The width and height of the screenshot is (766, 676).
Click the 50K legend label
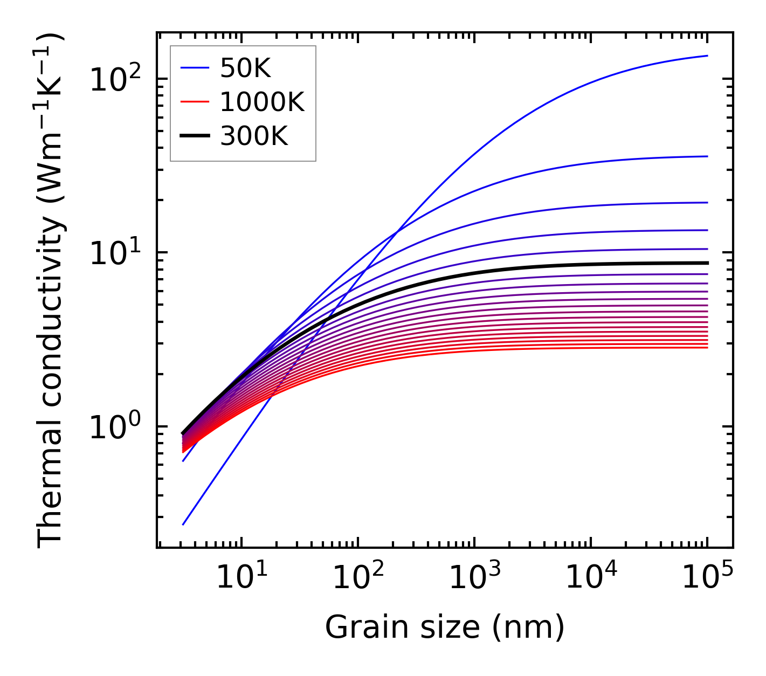[x=245, y=68]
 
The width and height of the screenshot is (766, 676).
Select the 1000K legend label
[x=262, y=102]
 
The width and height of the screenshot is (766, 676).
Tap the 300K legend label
[x=254, y=137]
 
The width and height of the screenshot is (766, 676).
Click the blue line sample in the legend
[x=194, y=68]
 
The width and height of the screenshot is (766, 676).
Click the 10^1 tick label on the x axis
[x=241, y=578]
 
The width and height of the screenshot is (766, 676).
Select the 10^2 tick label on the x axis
[x=357, y=578]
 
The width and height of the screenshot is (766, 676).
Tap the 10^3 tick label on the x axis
[x=474, y=578]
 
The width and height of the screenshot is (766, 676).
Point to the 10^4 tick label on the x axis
[x=591, y=578]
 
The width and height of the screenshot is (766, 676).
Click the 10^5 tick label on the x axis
[x=707, y=578]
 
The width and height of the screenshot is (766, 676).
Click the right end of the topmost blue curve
[x=707, y=56]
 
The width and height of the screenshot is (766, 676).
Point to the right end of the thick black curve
[x=707, y=263]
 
